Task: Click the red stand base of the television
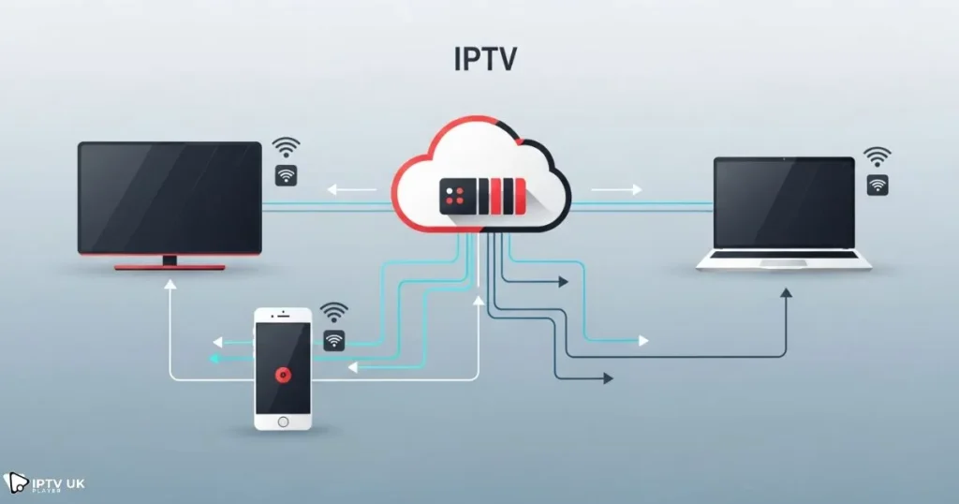[x=170, y=266]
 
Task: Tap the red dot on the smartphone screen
[x=282, y=374]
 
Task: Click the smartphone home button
[x=282, y=422]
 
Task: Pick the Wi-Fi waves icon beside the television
[x=287, y=147]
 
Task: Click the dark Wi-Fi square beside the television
[x=287, y=175]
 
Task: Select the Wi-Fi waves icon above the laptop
[x=878, y=156]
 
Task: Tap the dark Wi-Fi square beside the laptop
[x=878, y=185]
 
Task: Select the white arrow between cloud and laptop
[x=616, y=190]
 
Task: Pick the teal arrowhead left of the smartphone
[x=214, y=359]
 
